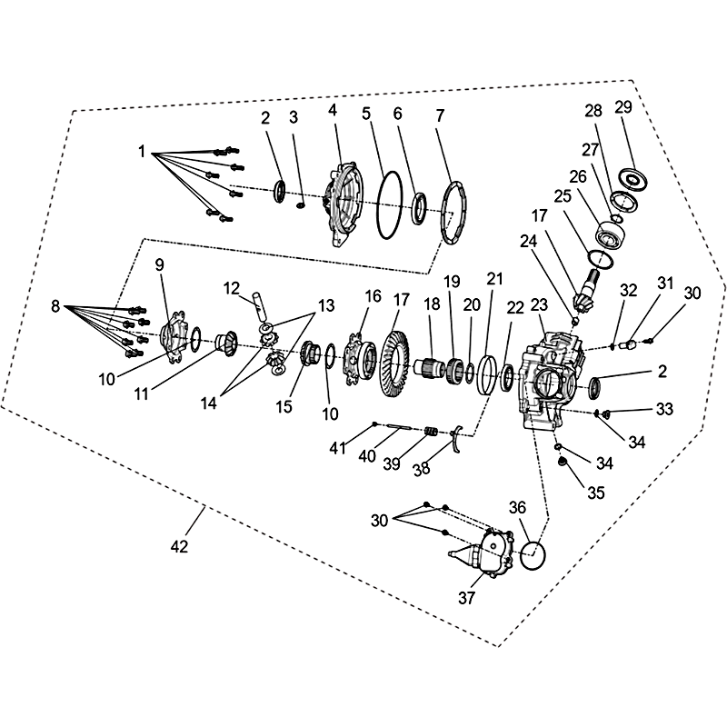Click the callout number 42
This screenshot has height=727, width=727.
pyautogui.click(x=179, y=547)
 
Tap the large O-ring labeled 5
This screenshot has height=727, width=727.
pyautogui.click(x=379, y=205)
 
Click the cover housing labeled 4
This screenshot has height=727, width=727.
pyautogui.click(x=344, y=204)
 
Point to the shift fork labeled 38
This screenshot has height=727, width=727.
pyautogui.click(x=456, y=437)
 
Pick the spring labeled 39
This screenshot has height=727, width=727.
pyautogui.click(x=431, y=433)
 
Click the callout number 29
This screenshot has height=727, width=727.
pyautogui.click(x=623, y=107)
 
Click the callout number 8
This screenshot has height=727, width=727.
pyautogui.click(x=55, y=306)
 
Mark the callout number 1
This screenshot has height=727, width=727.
pyautogui.click(x=142, y=151)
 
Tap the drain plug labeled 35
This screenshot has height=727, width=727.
pyautogui.click(x=563, y=463)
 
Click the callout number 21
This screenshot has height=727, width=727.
pyautogui.click(x=494, y=279)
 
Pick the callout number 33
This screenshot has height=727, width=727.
pyautogui.click(x=664, y=409)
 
